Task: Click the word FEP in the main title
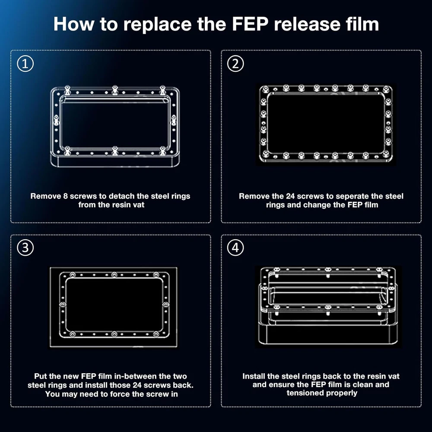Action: pyautogui.click(x=250, y=24)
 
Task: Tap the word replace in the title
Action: pyautogui.click(x=157, y=25)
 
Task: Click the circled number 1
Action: pyautogui.click(x=25, y=64)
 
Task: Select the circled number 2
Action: pyautogui.click(x=235, y=64)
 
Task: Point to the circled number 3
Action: pyautogui.click(x=25, y=248)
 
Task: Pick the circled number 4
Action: pyautogui.click(x=235, y=248)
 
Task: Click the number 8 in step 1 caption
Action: pyautogui.click(x=65, y=196)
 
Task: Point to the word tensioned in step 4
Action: pyautogui.click(x=303, y=393)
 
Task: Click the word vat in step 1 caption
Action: pyautogui.click(x=139, y=205)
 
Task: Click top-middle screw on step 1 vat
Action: pyautogui.click(x=115, y=90)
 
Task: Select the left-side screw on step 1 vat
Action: pyautogui.click(x=56, y=121)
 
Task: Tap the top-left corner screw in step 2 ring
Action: pyautogui.click(x=265, y=89)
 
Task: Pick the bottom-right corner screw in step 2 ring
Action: pyautogui.click(x=386, y=154)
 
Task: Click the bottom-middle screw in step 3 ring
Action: pyautogui.click(x=114, y=334)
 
